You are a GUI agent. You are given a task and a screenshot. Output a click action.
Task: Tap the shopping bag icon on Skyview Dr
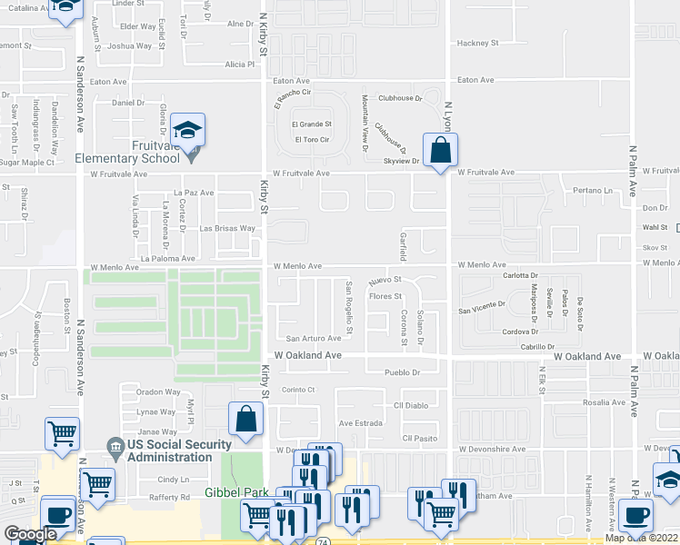(440, 151)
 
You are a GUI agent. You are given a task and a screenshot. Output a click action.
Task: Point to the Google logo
(29, 534)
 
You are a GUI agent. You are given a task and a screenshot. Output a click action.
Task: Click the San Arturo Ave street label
(314, 339)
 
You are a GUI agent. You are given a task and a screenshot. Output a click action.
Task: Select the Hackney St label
(478, 43)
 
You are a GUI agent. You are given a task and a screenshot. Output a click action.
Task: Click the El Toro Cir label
(312, 139)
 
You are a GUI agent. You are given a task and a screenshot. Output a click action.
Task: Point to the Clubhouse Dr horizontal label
(401, 98)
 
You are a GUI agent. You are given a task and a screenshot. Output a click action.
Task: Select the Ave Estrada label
(360, 423)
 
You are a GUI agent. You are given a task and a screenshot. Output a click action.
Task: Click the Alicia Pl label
(240, 64)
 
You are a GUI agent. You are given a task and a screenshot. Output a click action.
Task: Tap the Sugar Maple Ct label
(27, 163)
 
